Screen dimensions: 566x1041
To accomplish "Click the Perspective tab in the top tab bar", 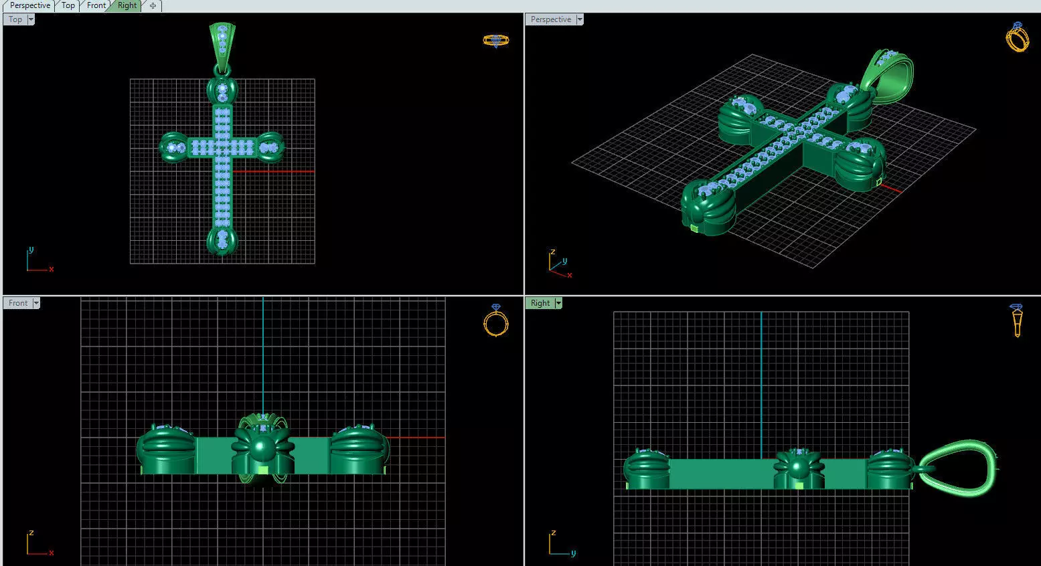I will (29, 5).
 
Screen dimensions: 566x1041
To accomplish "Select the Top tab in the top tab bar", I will (68, 5).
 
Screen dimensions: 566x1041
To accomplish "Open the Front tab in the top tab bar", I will (96, 5).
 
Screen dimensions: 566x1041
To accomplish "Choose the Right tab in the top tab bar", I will (127, 5).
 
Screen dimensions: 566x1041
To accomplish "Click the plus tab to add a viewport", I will (153, 6).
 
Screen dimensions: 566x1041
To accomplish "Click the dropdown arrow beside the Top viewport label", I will (31, 19).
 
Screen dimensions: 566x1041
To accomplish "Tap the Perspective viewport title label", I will (550, 19).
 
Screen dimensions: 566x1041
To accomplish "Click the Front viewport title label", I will (18, 303).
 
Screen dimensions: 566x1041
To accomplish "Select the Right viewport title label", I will (540, 303).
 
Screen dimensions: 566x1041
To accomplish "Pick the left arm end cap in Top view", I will (174, 147).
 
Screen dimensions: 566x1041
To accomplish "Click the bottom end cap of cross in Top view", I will (222, 240).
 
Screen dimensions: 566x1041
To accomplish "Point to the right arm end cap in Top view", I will (270, 147).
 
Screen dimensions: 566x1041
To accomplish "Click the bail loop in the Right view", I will (957, 468).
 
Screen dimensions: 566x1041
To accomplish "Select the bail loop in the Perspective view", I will (887, 77).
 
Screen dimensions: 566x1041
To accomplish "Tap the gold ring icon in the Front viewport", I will (495, 320).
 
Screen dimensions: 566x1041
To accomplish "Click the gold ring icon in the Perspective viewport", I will (1017, 37).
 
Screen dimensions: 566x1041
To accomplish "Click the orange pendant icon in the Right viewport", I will (1017, 320).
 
